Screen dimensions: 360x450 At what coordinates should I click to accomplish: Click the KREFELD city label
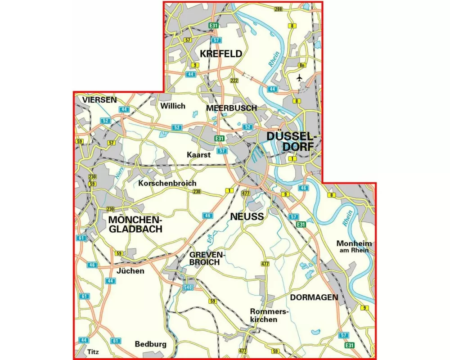point(221,54)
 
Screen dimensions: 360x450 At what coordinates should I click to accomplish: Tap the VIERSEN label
point(99,99)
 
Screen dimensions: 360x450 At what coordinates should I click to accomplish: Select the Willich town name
point(172,106)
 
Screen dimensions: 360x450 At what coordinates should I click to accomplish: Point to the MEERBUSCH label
point(231,108)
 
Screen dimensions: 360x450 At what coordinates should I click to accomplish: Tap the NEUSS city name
point(247,216)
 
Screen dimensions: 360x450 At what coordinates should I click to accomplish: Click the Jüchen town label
point(130,271)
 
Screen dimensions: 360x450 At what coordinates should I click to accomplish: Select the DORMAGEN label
point(314,297)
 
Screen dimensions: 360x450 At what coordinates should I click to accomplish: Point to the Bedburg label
point(151,344)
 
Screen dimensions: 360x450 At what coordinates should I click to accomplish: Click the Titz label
point(94,351)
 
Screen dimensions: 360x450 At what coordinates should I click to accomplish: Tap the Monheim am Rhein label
point(353,247)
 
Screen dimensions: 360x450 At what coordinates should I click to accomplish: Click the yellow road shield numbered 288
point(278,9)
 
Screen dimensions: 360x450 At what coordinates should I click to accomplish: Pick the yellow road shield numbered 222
point(234,81)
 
